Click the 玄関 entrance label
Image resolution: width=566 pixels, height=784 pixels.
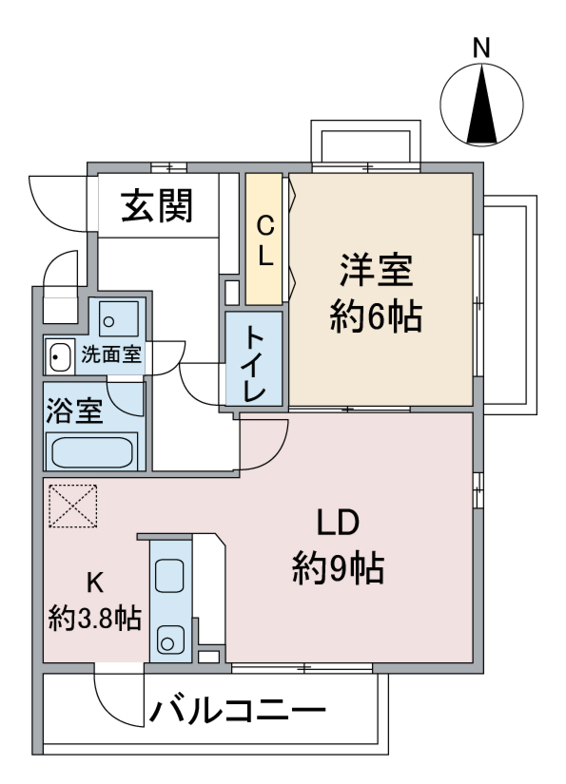(157, 205)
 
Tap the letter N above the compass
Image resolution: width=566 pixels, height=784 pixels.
(482, 47)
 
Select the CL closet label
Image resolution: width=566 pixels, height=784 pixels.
(265, 239)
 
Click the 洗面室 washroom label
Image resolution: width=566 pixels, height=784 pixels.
(110, 356)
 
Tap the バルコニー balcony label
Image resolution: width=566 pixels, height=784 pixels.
(237, 711)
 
